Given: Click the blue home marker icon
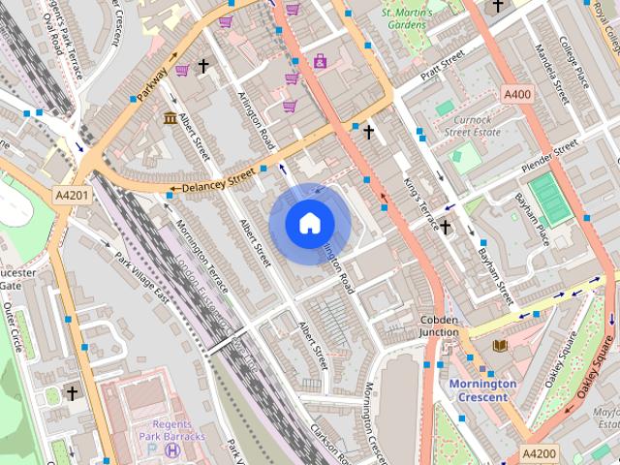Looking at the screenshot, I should [309, 223].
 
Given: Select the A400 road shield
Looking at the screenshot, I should [518, 94].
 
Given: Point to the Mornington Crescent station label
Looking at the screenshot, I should [482, 390].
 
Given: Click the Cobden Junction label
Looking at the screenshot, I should [439, 325].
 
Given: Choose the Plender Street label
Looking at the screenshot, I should [549, 155].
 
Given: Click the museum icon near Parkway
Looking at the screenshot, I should [170, 118].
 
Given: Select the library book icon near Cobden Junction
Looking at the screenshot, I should [500, 346].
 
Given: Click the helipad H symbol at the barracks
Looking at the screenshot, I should [172, 449].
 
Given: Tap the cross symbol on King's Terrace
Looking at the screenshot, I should [445, 227].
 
